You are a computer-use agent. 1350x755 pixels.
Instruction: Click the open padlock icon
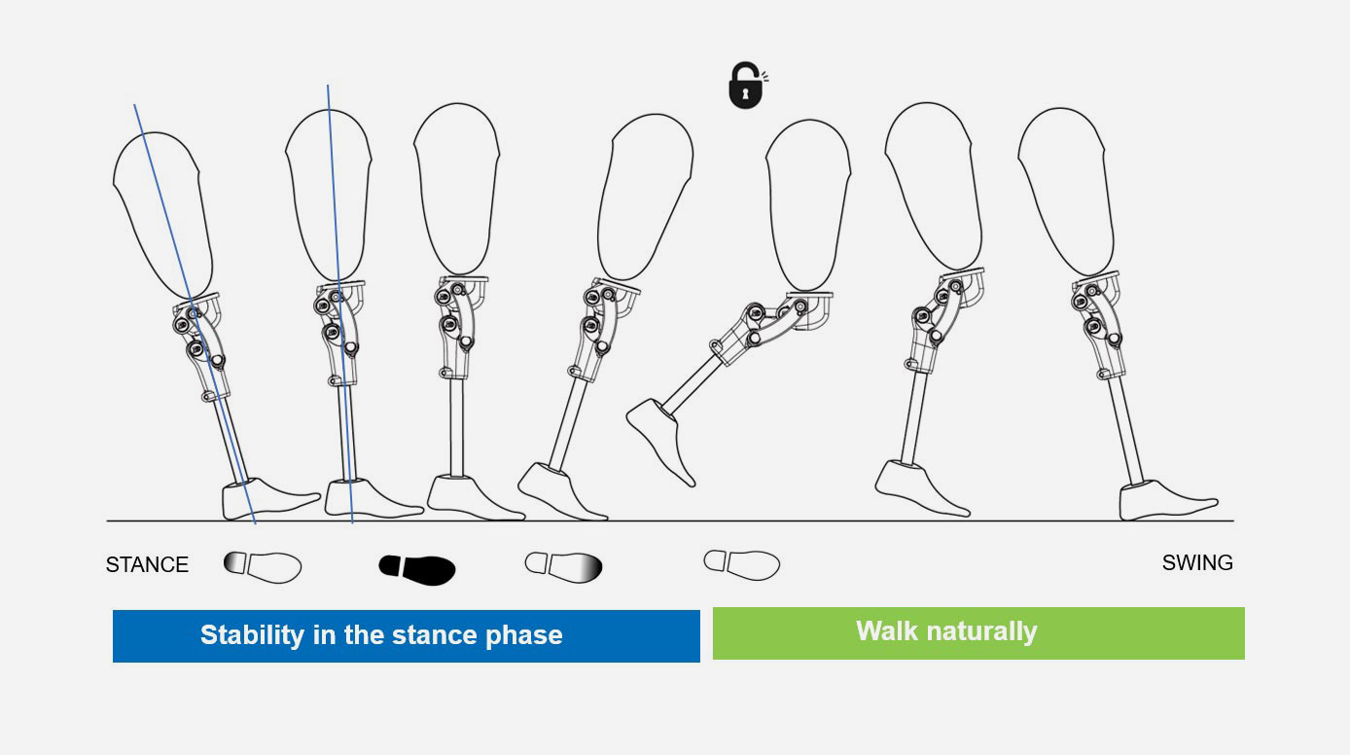pos(747,86)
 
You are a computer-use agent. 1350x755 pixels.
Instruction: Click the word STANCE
pos(147,565)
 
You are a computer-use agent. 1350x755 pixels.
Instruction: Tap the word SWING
pos(1197,563)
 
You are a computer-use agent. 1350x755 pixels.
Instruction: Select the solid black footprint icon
pos(417,570)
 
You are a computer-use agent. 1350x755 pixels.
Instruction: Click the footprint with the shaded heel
pos(263,567)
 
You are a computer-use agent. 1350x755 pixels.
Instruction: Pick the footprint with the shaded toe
pos(563,567)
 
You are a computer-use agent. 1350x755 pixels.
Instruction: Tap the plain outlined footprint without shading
pos(742,564)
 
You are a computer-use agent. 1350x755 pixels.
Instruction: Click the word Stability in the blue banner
pos(253,635)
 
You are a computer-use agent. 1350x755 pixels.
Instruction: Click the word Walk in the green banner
pos(887,630)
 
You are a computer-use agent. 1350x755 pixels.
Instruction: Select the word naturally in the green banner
pos(981,632)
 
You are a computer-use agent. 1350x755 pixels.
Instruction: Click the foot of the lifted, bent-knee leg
pos(661,440)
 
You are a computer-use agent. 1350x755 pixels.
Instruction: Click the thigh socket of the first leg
pos(162,214)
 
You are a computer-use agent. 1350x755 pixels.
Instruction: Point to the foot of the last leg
pos(1166,500)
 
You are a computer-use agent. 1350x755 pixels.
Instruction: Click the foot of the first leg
pos(268,499)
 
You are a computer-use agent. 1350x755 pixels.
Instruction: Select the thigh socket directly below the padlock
pos(809,205)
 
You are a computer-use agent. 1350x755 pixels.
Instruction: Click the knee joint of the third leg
pos(460,326)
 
